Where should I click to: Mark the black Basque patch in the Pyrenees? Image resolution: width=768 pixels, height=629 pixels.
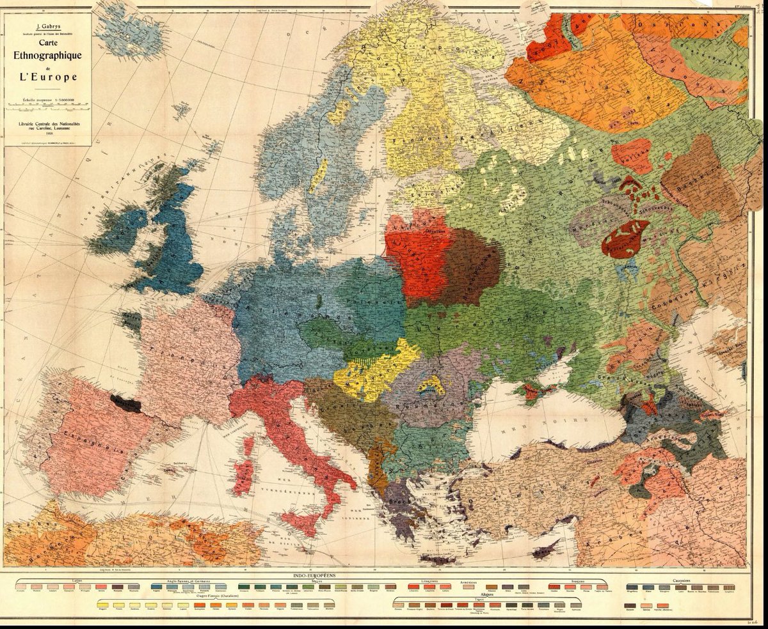tap(125, 403)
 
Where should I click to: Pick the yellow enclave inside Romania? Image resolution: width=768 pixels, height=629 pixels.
tap(431, 385)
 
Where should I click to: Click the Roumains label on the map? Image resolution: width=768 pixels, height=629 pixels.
tap(419, 405)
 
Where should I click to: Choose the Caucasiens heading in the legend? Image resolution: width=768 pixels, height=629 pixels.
tap(680, 580)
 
